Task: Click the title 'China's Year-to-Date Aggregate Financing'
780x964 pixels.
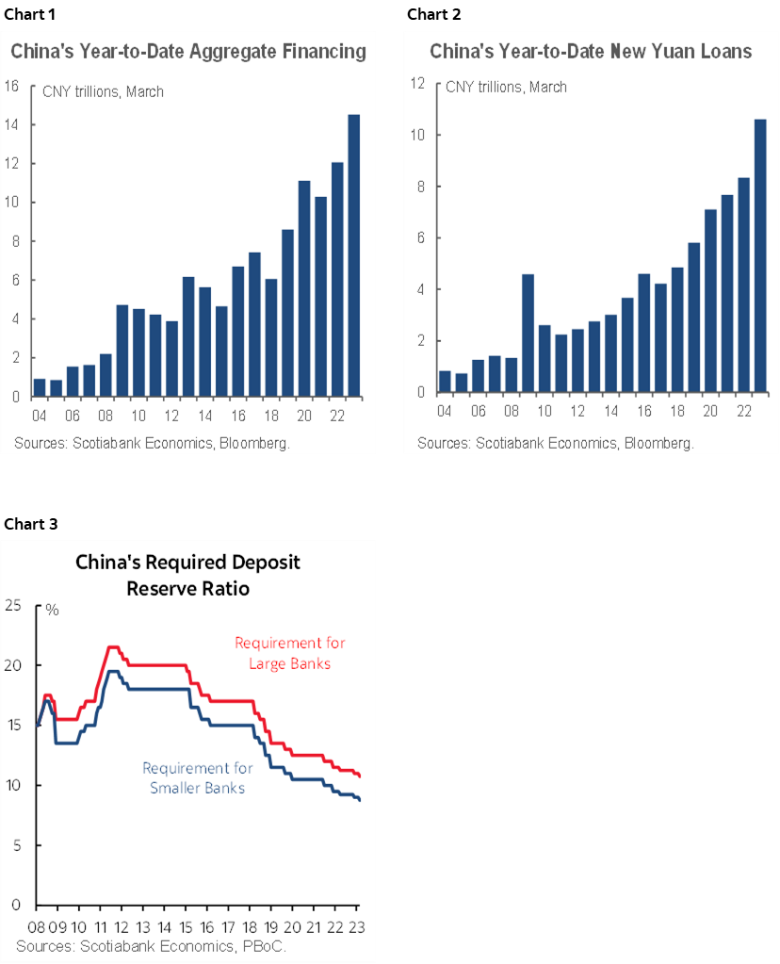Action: [187, 52]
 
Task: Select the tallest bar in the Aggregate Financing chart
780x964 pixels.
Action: [353, 254]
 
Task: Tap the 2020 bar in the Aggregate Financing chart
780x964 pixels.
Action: [304, 287]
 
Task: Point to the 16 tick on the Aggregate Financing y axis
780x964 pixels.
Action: [12, 86]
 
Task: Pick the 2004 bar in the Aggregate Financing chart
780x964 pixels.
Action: [40, 387]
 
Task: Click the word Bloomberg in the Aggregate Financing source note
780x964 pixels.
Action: [254, 443]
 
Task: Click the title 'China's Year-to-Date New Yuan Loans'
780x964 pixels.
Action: [591, 52]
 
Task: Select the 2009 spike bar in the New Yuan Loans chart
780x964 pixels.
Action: [528, 333]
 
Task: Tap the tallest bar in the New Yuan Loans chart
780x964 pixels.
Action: [760, 254]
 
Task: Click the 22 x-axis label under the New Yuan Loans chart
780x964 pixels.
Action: [743, 413]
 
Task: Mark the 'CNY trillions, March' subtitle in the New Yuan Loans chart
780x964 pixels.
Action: [506, 87]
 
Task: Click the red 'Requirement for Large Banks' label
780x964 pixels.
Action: [289, 653]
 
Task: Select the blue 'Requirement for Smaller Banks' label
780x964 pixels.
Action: [197, 777]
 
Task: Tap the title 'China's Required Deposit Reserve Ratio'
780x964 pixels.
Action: [187, 575]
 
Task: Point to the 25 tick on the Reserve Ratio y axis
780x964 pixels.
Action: [13, 605]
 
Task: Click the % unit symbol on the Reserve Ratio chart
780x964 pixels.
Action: [53, 610]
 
